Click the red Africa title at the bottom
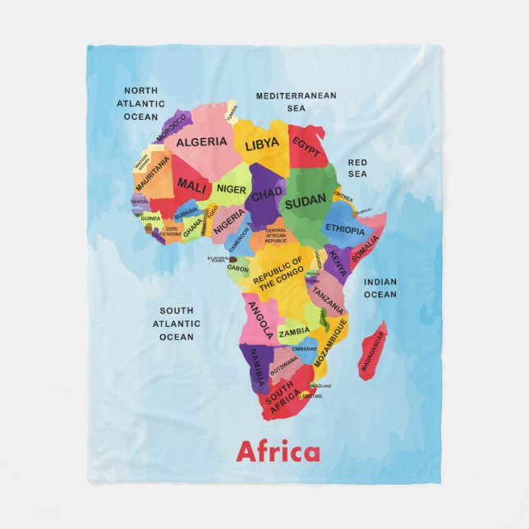click(x=278, y=452)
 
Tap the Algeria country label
click(x=201, y=142)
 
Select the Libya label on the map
click(x=262, y=145)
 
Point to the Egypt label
click(x=306, y=148)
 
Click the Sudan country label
click(x=306, y=199)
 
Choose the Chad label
click(x=266, y=195)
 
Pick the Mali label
click(x=191, y=185)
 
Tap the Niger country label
click(x=232, y=189)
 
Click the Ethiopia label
click(x=345, y=229)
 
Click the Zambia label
click(x=294, y=333)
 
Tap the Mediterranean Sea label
click(x=296, y=101)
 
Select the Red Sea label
click(x=357, y=168)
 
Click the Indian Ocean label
click(x=379, y=288)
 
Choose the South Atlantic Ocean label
click(x=177, y=324)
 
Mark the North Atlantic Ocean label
click(x=140, y=103)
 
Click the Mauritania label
click(x=153, y=174)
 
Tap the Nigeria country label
click(x=230, y=219)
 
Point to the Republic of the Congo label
click(x=278, y=274)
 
